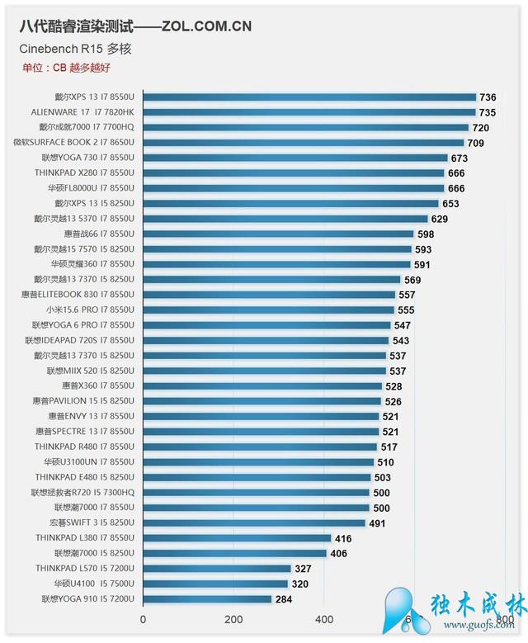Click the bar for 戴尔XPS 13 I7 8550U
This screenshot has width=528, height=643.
pos(309,97)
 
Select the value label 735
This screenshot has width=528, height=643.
pos(487,112)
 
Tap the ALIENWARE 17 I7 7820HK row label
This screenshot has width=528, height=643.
pos(83,112)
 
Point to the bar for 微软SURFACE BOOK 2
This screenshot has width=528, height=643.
pos(304,143)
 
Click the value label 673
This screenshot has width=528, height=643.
pos(460,158)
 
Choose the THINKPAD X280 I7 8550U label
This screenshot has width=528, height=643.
pos(84,173)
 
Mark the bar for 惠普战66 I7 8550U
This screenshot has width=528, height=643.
pos(278,234)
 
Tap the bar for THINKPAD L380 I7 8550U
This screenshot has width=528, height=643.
pos(238,538)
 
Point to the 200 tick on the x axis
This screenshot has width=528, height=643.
pos(233,619)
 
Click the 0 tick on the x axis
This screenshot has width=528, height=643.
pos(144,619)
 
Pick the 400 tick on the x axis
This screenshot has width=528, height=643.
pos(323,619)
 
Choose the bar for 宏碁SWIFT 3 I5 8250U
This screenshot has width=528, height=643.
pos(254,522)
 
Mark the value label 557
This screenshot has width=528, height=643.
pos(407,294)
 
